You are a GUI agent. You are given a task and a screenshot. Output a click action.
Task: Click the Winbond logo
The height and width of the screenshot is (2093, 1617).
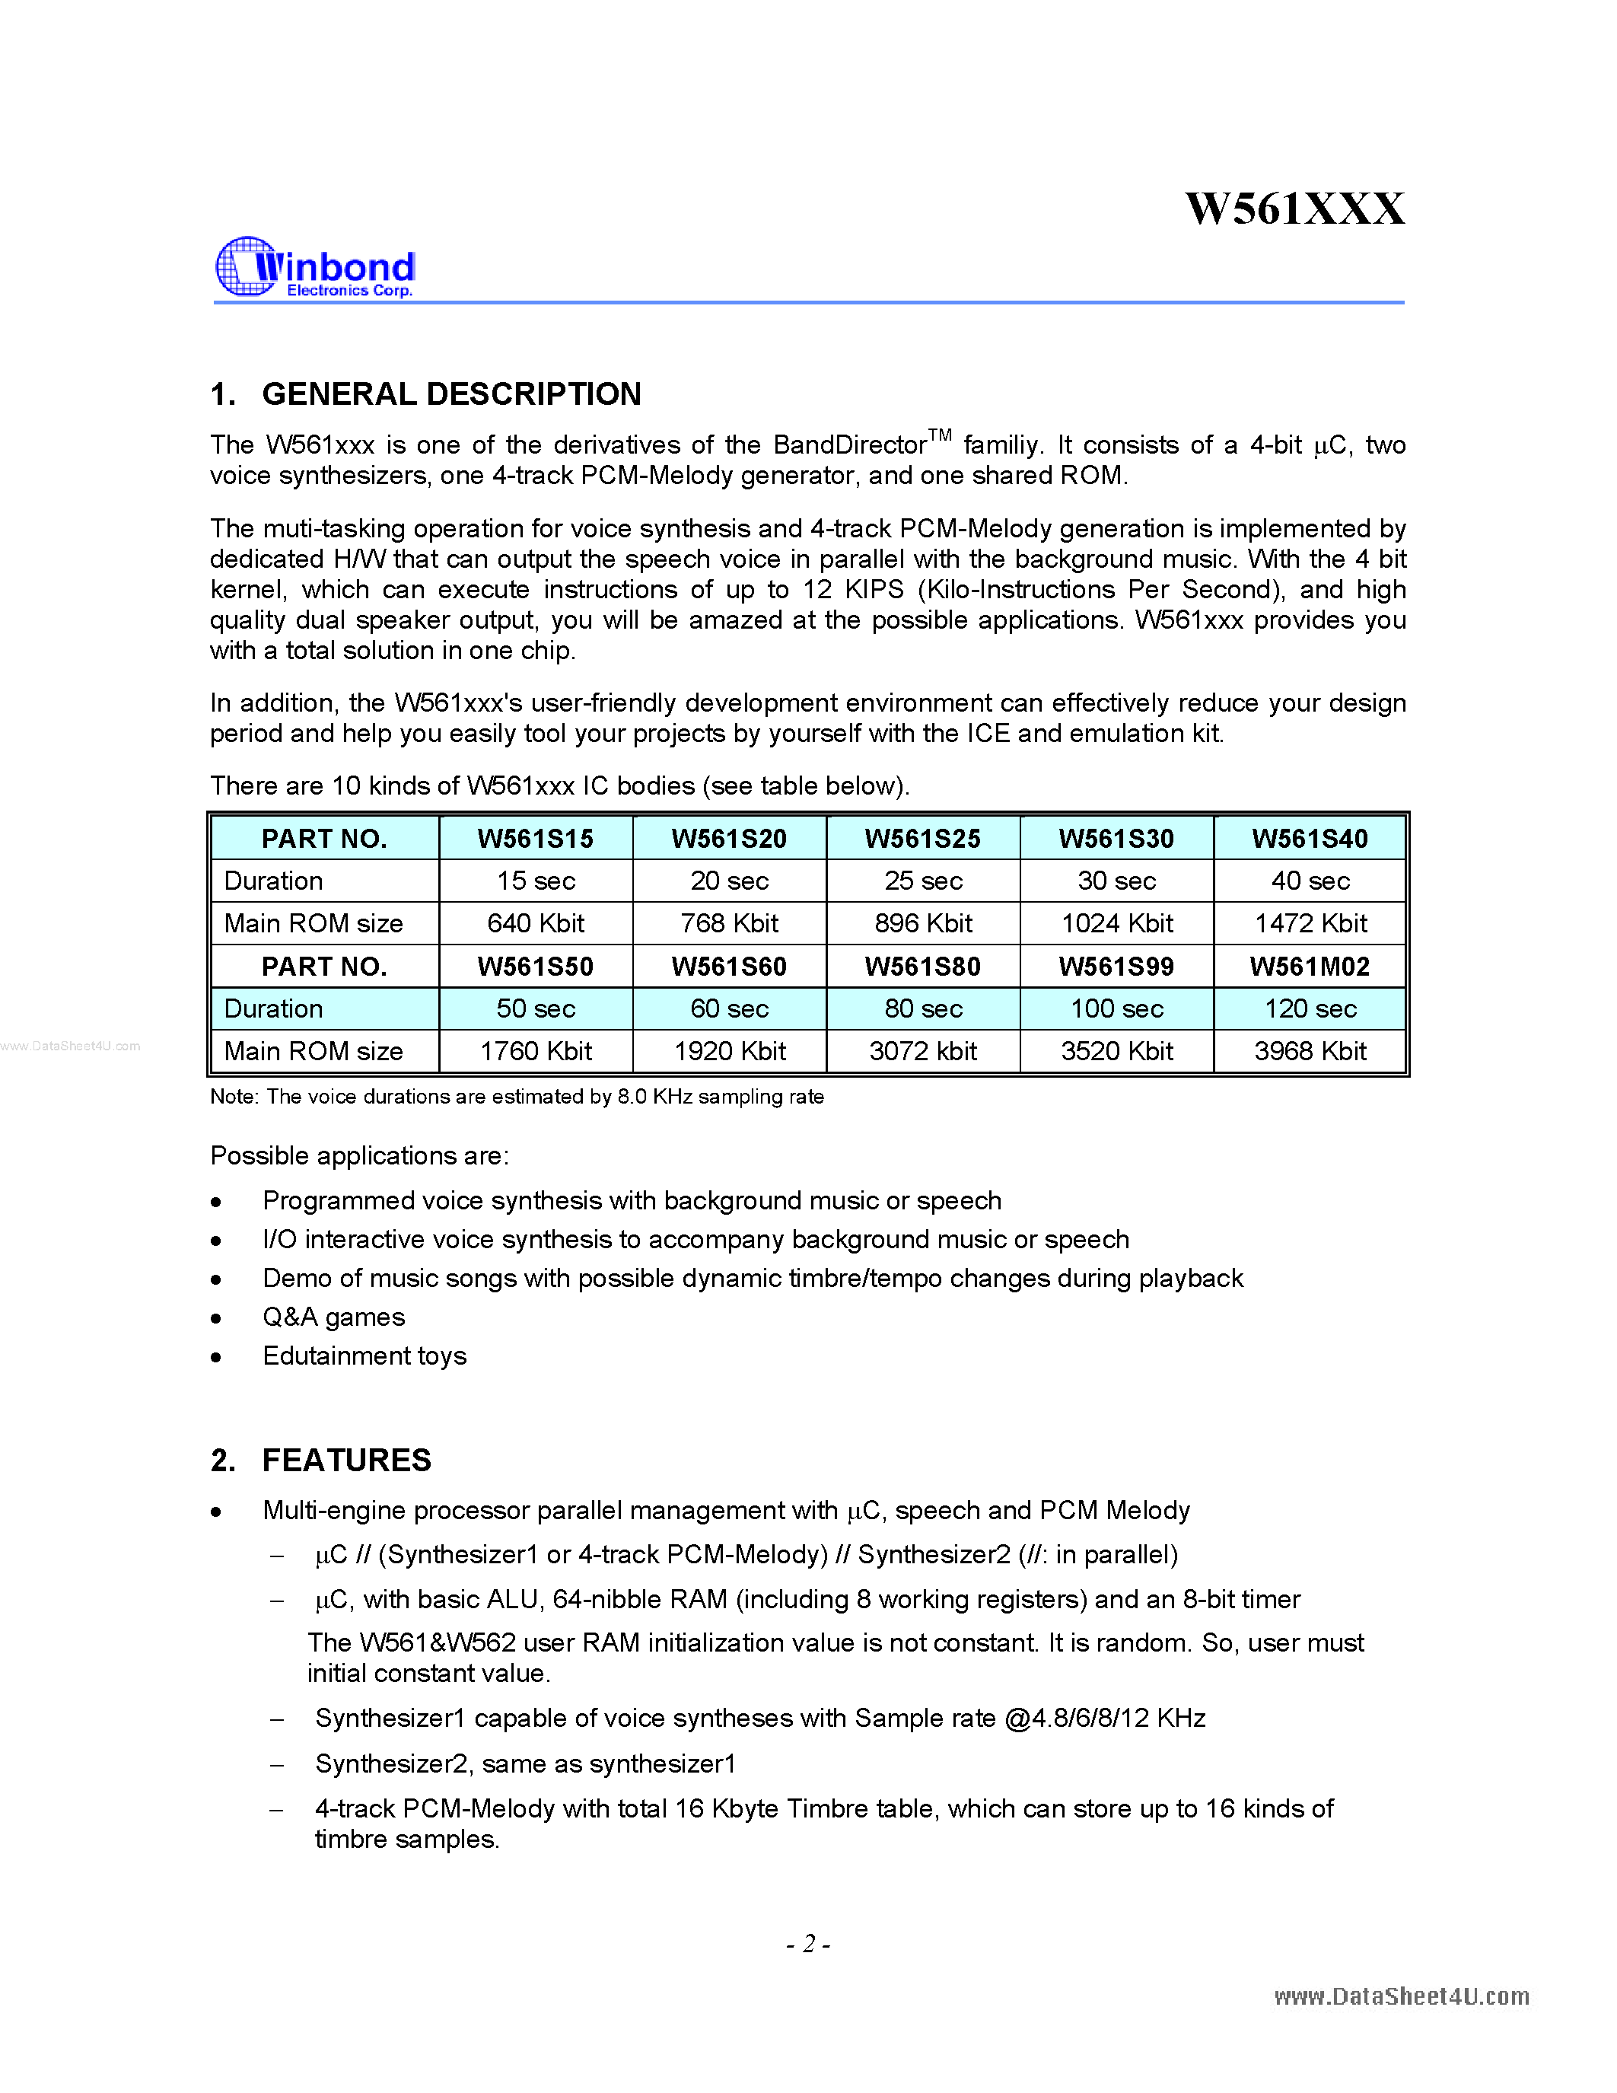click(x=315, y=267)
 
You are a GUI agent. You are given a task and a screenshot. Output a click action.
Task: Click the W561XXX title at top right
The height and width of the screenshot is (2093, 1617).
click(x=1295, y=209)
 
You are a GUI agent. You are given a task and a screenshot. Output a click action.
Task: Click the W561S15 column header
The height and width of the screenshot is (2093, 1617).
click(x=536, y=839)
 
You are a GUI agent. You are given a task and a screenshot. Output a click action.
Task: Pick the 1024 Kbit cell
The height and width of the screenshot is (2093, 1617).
click(x=1117, y=923)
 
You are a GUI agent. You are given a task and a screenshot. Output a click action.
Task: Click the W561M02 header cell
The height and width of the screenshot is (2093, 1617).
click(x=1310, y=966)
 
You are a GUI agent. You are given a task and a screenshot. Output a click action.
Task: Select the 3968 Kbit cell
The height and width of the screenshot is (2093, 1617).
click(x=1310, y=1051)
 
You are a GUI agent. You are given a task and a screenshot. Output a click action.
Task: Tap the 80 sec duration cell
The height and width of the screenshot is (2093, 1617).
click(x=922, y=1008)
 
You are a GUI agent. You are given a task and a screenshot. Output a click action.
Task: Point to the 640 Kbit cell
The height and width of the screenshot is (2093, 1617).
click(x=536, y=923)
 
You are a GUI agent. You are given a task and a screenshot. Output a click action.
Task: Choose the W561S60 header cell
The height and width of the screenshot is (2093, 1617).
click(x=729, y=966)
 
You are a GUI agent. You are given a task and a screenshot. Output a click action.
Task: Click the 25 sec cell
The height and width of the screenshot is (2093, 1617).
click(x=922, y=881)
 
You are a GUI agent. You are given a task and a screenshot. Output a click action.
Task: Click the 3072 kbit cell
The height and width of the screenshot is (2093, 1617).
click(x=922, y=1051)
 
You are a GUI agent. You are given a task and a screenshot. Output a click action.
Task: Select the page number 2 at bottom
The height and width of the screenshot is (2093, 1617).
click(x=808, y=1944)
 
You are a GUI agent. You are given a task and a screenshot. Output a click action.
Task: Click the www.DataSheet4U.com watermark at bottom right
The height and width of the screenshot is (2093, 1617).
click(x=1402, y=1996)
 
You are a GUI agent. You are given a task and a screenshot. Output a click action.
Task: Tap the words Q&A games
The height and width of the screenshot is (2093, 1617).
click(x=333, y=1317)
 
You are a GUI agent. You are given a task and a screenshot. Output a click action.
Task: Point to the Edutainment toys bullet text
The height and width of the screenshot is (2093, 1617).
click(x=364, y=1356)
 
